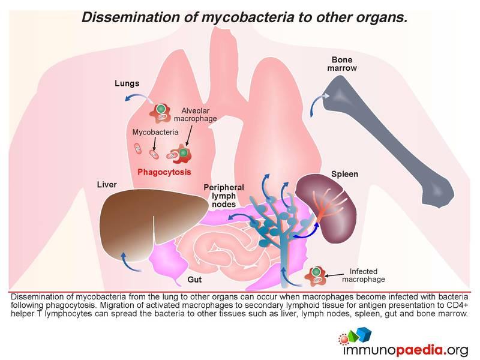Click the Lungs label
pos(127,83)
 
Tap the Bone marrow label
pos(342,64)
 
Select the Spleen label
pos(344,174)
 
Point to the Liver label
pos(107,185)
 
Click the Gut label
pos(194,280)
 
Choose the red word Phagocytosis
pos(164,172)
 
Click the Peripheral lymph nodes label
pos(224,196)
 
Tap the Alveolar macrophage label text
pos(196,115)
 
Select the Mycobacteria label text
pos(155,132)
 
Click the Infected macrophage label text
pos(364,275)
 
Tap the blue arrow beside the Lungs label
pos(139,97)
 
